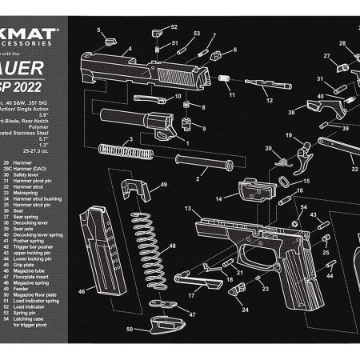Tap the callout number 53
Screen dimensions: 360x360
(197, 34)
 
